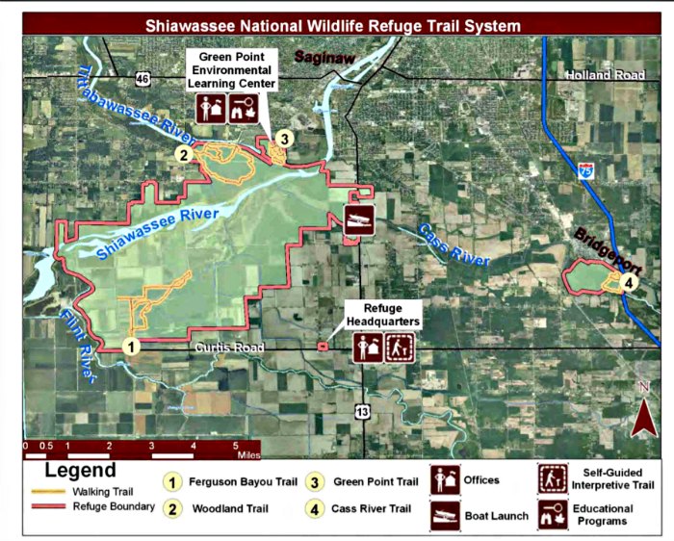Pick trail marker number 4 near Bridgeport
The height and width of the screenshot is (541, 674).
click(628, 283)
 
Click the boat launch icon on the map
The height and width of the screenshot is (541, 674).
click(360, 219)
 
